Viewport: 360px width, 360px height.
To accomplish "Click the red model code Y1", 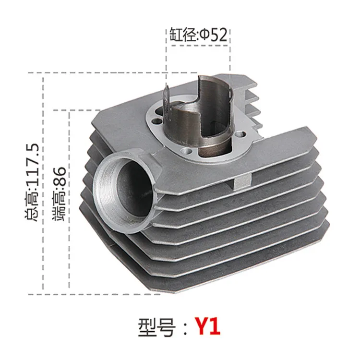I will pos(207,327).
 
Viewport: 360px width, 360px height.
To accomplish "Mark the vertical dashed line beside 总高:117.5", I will pos(44,182).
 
